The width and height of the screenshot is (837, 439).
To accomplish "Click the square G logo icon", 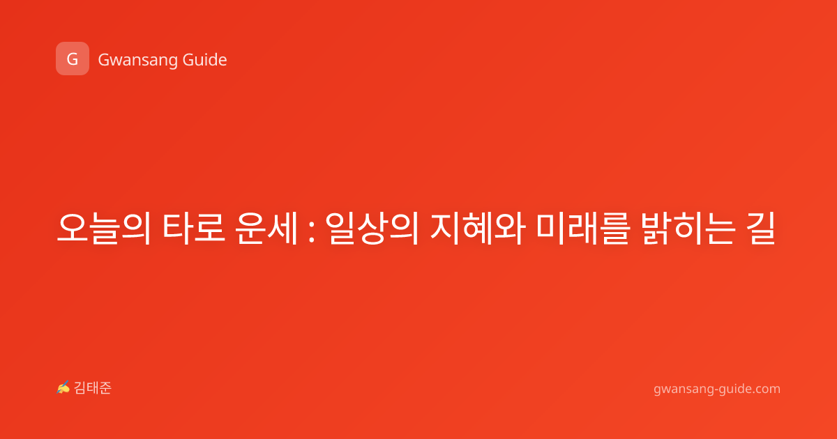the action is (73, 59).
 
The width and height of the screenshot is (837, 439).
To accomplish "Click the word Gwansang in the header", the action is (137, 61).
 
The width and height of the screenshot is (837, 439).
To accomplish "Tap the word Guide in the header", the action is (205, 60).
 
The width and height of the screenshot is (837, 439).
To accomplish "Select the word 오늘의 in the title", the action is (104, 228).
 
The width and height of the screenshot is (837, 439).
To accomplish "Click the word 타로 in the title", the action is (194, 228).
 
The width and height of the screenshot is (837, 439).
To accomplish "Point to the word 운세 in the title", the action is (266, 228).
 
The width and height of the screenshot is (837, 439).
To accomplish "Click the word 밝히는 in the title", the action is (688, 228).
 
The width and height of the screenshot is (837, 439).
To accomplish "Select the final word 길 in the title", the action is (761, 228).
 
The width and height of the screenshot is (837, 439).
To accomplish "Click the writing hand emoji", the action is (63, 387).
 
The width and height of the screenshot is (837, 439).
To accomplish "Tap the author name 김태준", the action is (93, 388).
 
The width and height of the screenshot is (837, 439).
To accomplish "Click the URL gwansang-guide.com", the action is (717, 389).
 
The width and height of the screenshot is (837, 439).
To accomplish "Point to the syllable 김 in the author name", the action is (80, 388).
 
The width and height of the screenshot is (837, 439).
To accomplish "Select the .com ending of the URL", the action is (765, 389).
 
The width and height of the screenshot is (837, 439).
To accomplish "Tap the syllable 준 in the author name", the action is (105, 388).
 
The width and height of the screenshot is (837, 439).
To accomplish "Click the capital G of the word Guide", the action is (189, 60).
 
